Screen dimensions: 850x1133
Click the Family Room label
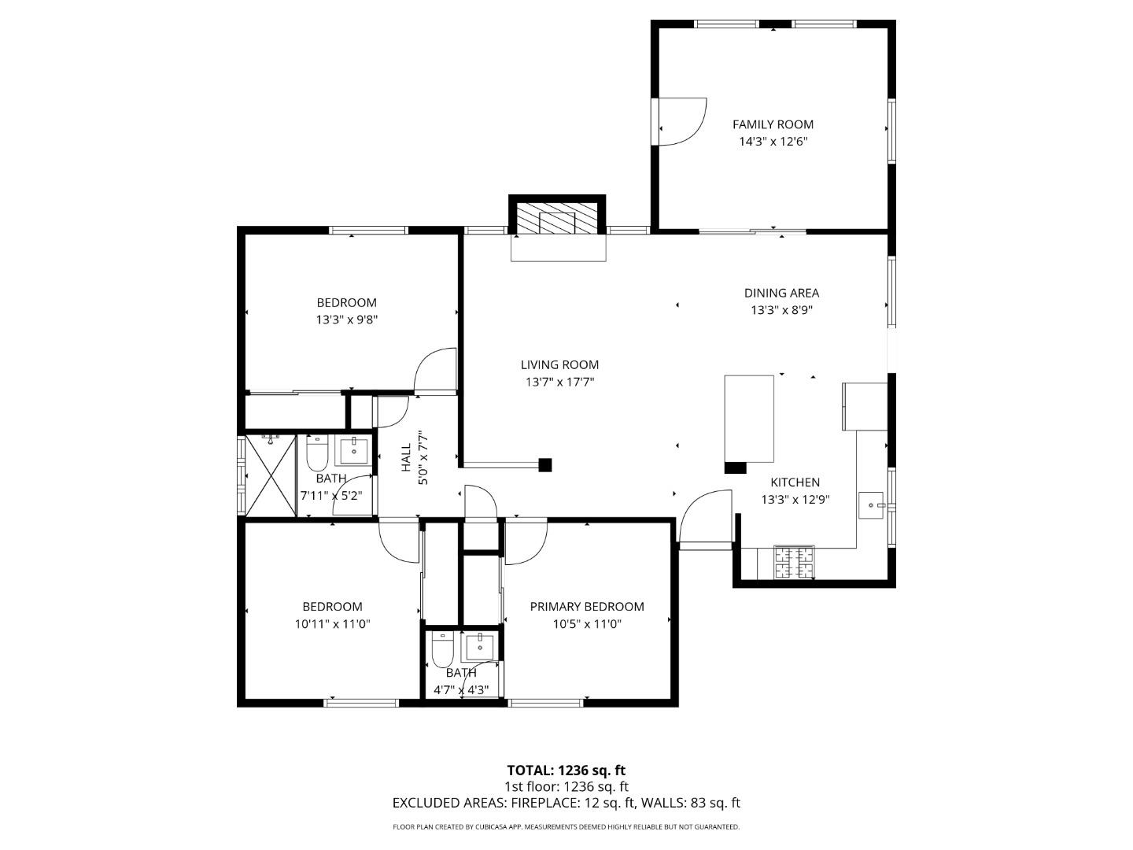click(773, 124)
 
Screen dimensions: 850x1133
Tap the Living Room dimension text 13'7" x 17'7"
click(559, 382)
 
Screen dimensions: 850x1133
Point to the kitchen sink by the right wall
click(872, 504)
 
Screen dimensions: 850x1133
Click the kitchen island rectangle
click(748, 419)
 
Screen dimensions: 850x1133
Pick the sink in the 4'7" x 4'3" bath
click(479, 647)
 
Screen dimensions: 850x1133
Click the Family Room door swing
click(681, 122)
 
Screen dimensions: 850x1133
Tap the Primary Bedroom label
click(586, 607)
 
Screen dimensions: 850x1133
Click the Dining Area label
click(781, 293)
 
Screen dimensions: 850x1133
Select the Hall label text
click(406, 457)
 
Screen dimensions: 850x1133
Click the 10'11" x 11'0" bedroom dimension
click(332, 624)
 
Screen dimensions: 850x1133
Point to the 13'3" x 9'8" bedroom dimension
click(346, 320)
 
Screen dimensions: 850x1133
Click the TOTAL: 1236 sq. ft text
click(566, 771)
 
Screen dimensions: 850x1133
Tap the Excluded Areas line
click(566, 804)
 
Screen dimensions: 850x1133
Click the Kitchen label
click(795, 482)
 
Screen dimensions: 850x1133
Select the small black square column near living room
click(545, 465)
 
